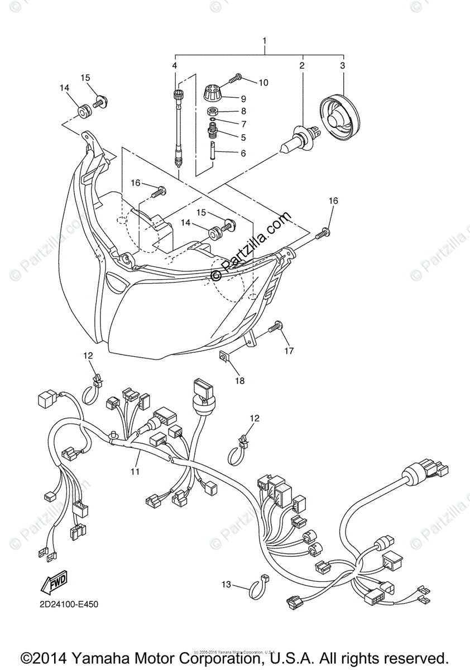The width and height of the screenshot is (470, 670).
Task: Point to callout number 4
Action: (x=175, y=66)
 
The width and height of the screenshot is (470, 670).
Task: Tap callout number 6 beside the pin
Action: (x=243, y=153)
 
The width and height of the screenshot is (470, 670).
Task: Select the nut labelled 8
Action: (x=213, y=111)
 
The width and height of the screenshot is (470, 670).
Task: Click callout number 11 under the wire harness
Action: (x=135, y=472)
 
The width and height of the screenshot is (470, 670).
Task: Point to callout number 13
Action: (x=226, y=584)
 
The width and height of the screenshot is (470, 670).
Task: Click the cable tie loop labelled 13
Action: (x=259, y=586)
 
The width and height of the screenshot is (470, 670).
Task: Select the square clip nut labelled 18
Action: (x=224, y=356)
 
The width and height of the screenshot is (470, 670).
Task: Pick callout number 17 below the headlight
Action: (x=288, y=351)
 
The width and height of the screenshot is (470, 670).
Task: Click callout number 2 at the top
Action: (x=302, y=66)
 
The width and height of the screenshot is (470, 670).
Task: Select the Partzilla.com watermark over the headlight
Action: (x=251, y=246)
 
